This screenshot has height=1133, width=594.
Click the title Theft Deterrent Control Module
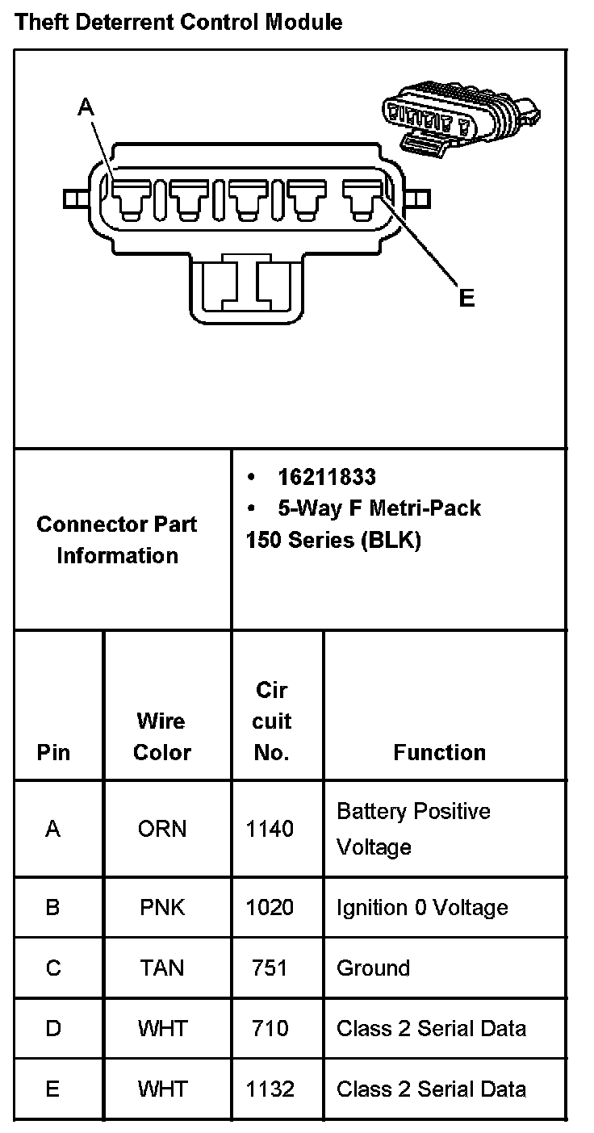pos(178,22)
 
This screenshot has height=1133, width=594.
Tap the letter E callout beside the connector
pos(466,299)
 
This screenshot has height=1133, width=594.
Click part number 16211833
pos(326,477)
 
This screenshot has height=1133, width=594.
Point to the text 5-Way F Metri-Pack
pos(379,508)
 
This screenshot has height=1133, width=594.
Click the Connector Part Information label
pos(117,540)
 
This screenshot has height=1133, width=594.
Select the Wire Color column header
pos(161,736)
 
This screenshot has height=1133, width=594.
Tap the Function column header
pos(439,752)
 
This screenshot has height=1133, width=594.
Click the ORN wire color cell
pos(161,829)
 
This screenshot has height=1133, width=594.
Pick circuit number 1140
pos(270,829)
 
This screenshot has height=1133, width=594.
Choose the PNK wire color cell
pos(161,907)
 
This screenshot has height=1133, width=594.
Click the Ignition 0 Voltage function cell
pos(422,907)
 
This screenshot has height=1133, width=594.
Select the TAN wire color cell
pos(161,968)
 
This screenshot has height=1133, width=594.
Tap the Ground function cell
pos(373,968)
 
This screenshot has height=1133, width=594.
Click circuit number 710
pos(270,1028)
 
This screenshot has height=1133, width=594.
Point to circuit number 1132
pos(270,1089)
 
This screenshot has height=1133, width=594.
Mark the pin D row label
pos(52,1028)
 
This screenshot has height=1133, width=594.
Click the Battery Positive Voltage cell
pos(413,829)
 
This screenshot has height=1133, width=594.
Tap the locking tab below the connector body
pos(247,286)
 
